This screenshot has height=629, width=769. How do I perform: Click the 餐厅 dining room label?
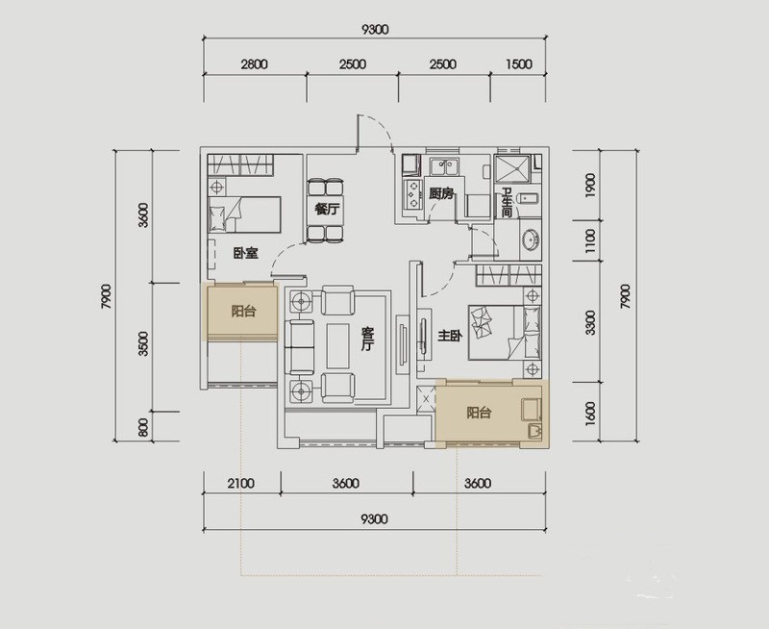click(327, 210)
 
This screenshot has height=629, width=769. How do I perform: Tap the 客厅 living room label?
click(367, 340)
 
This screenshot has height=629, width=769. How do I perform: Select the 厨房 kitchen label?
click(441, 194)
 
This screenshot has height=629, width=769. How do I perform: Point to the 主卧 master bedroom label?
click(450, 336)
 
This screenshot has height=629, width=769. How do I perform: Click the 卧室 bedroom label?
click(246, 253)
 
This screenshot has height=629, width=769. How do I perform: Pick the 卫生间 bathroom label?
click(507, 203)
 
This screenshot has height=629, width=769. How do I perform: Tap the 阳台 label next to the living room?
click(243, 311)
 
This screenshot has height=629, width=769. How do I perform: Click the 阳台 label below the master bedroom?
click(479, 413)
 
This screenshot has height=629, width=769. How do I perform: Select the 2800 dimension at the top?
click(254, 64)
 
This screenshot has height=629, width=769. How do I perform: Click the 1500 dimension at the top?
click(518, 64)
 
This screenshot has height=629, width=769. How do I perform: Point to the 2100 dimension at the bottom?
click(241, 483)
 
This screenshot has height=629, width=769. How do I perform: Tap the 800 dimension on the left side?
click(142, 427)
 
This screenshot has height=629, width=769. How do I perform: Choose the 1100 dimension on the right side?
click(590, 240)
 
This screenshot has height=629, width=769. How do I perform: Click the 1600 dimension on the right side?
click(590, 414)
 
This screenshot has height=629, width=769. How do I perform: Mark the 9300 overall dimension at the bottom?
click(374, 518)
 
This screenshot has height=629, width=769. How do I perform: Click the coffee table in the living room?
click(338, 345)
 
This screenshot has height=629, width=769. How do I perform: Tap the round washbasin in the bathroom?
click(532, 239)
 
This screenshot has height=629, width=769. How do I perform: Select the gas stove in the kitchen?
click(412, 194)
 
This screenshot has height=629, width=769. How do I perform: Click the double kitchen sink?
click(444, 165)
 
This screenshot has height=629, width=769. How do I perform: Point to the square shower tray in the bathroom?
click(512, 170)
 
